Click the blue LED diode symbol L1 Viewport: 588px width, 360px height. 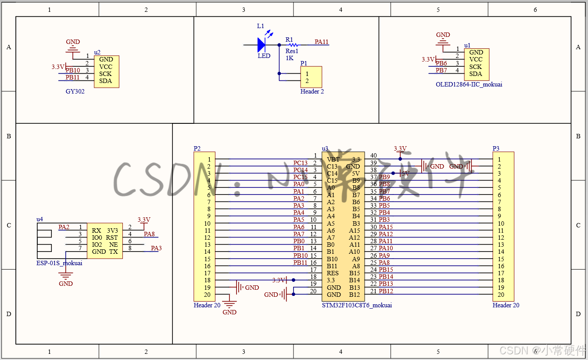[262, 44]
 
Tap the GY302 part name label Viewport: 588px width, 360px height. [75, 92]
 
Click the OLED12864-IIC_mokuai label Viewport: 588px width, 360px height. [469, 84]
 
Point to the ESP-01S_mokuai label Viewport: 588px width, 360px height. [59, 263]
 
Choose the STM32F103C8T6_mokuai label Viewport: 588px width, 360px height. [357, 305]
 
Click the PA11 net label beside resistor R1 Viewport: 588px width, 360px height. [322, 42]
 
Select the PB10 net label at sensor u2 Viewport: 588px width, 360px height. [73, 70]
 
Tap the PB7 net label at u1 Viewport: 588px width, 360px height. [441, 70]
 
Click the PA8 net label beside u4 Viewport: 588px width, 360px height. [150, 234]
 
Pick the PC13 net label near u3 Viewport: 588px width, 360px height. [301, 163]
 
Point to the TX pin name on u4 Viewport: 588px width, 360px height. [114, 252]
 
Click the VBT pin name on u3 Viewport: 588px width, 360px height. [333, 159]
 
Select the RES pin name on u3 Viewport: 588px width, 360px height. [333, 273]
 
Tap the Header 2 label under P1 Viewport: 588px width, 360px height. [312, 92]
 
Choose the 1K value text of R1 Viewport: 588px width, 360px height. [290, 58]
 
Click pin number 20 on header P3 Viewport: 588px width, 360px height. [501, 295]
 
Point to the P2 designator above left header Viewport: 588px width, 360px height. [197, 148]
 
